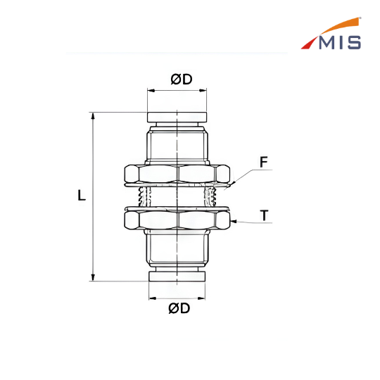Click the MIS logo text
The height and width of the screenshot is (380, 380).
coord(340,42)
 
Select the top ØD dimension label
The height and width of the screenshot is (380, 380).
coord(182,80)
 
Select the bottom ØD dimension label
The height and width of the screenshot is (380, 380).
coord(179,308)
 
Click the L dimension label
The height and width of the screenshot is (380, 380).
coord(82,195)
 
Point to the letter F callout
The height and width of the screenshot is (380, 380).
coord(263,162)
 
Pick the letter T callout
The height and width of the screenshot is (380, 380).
coord(264,215)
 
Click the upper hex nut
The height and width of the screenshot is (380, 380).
coord(177,174)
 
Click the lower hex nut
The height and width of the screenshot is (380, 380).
coord(177,220)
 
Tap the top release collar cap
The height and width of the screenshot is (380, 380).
coord(177,118)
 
